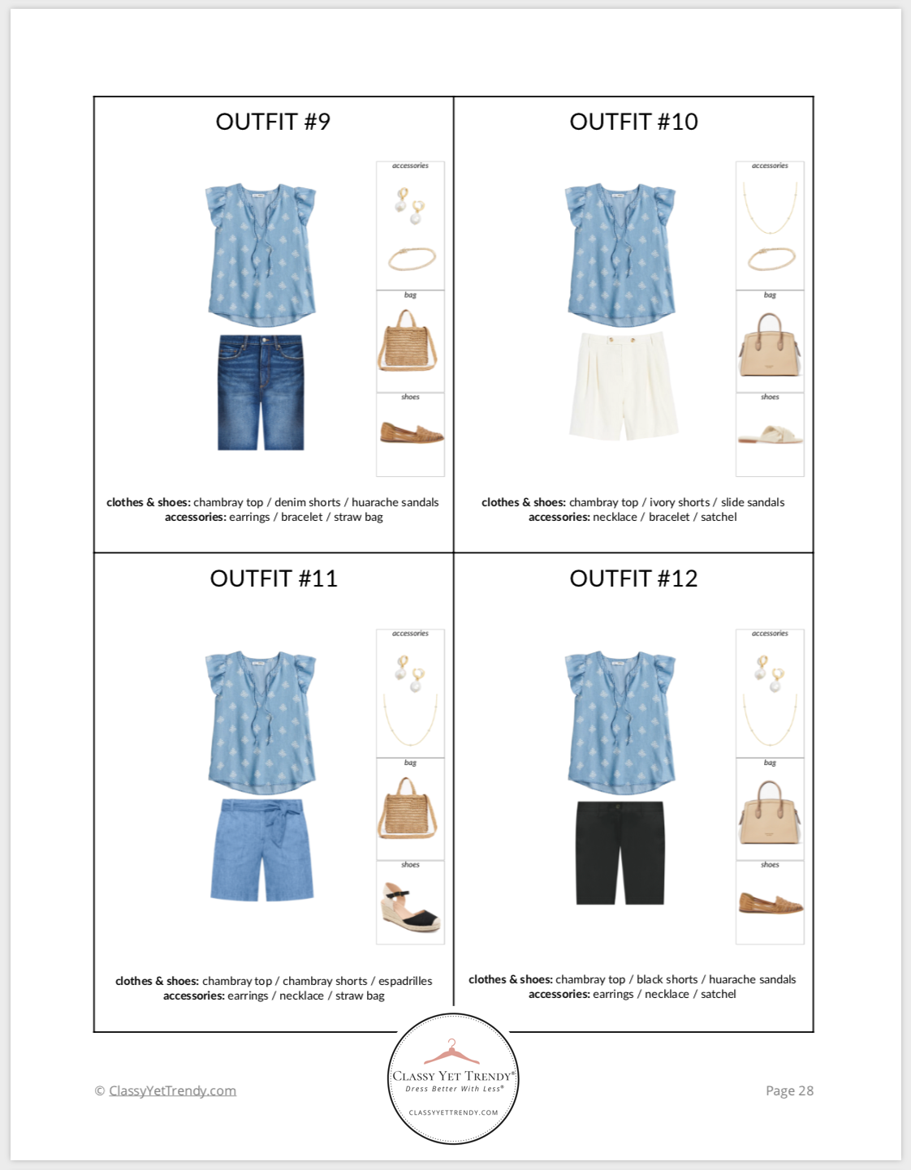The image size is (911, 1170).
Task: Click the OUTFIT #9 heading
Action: coord(273,122)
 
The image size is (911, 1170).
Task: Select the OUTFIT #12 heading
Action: coord(633,579)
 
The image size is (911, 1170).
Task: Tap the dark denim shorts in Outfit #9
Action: coord(261,392)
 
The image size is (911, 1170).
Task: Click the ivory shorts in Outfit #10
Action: coord(623,385)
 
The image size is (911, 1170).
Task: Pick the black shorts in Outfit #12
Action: coord(620,853)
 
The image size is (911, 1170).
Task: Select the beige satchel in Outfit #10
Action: coord(770,346)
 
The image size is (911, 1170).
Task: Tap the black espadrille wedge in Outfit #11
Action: coord(411,910)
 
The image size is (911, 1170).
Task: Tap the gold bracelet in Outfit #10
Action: coord(771,259)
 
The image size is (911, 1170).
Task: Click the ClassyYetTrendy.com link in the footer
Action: coord(172,1090)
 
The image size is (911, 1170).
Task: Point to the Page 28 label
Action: coord(789,1090)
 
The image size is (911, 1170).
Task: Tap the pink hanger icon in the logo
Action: coord(451,1052)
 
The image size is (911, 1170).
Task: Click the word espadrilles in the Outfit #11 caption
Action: coord(405,981)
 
